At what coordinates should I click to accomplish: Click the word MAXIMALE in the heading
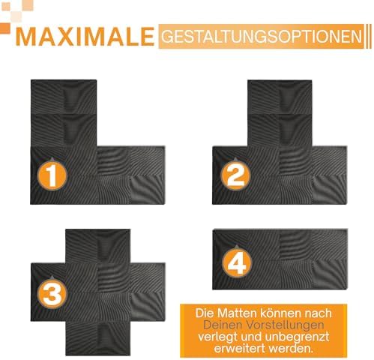pyautogui.click(x=85, y=37)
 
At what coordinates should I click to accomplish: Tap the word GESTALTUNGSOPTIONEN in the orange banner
pyautogui.click(x=262, y=37)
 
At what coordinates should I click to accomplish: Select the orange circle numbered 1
pyautogui.click(x=52, y=175)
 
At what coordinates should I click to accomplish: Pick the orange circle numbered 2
pyautogui.click(x=235, y=175)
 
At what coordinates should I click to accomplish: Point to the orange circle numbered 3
pyautogui.click(x=52, y=292)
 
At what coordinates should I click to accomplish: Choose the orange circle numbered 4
pyautogui.click(x=237, y=262)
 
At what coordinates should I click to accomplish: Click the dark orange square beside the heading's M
pyautogui.click(x=5, y=28)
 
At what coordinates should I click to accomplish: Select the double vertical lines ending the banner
pyautogui.click(x=369, y=36)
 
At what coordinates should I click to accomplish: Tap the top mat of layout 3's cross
pyautogui.click(x=97, y=246)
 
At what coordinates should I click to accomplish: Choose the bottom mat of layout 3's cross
pyautogui.click(x=98, y=338)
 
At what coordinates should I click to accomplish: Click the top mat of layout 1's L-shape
pyautogui.click(x=64, y=97)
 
